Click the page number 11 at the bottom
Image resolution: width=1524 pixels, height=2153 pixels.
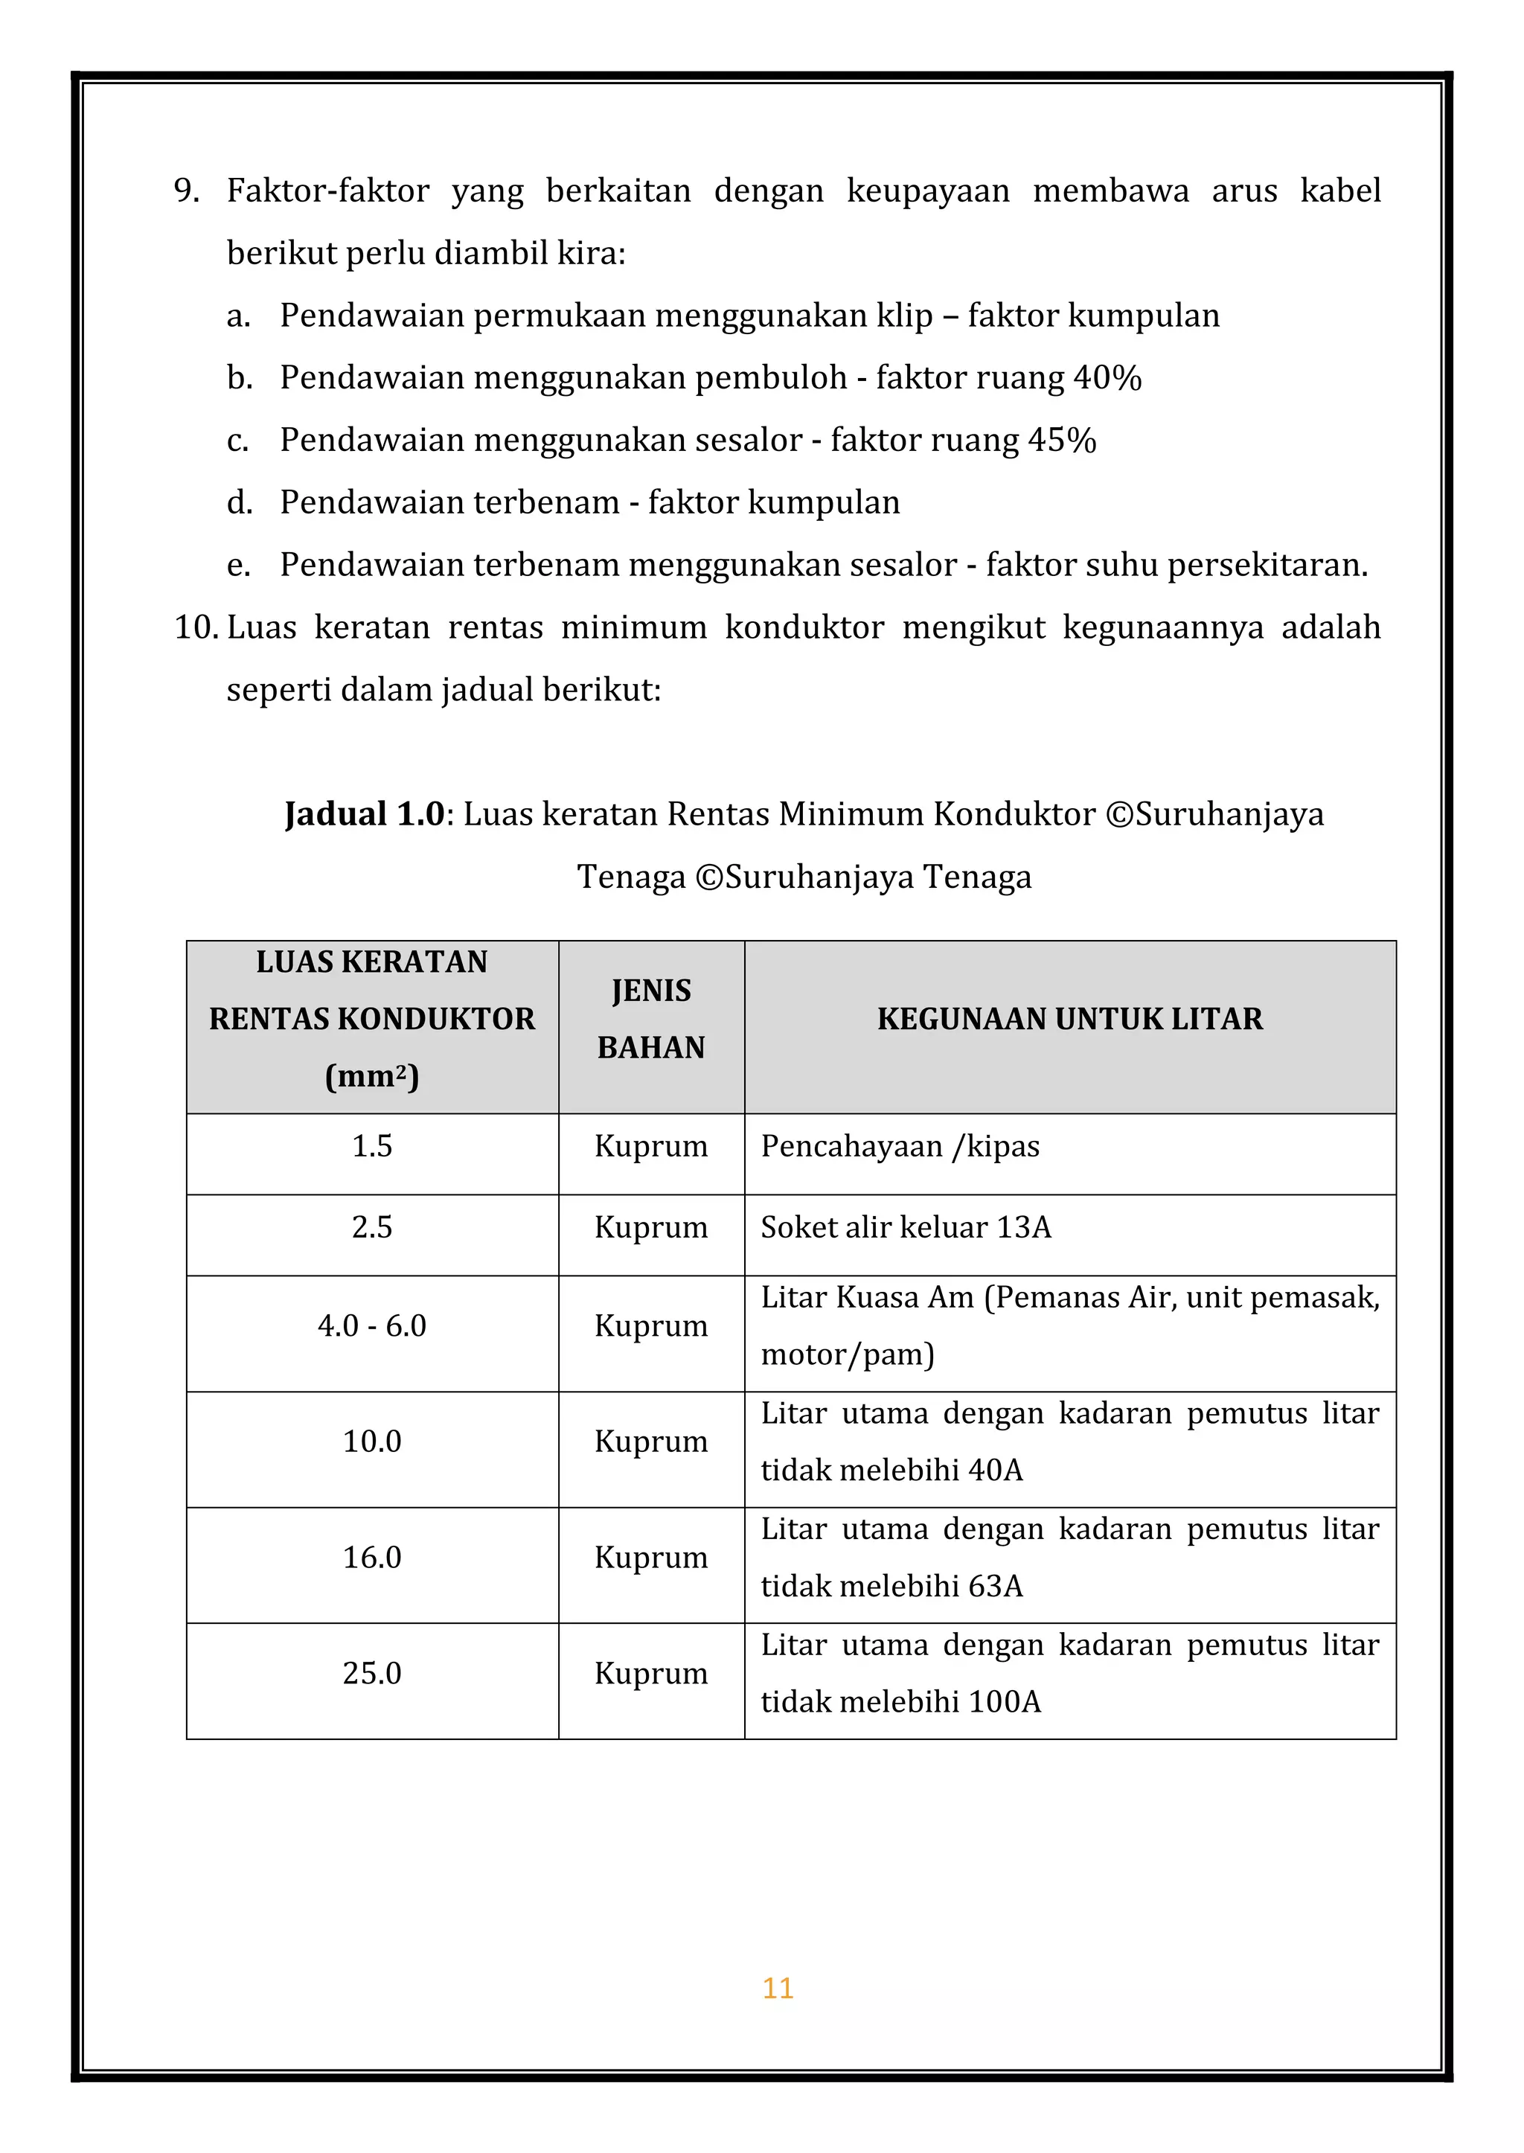pos(778,1987)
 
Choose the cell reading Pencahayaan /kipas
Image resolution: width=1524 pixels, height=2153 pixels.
pos(900,1146)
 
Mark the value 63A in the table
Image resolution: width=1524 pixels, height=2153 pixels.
pos(995,1585)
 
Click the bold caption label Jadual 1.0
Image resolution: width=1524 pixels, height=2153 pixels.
pos(364,813)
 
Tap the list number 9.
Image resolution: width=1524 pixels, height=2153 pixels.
pos(186,191)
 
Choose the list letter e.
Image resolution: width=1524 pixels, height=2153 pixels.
pos(237,565)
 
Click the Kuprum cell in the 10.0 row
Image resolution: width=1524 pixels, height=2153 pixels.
pos(650,1441)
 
